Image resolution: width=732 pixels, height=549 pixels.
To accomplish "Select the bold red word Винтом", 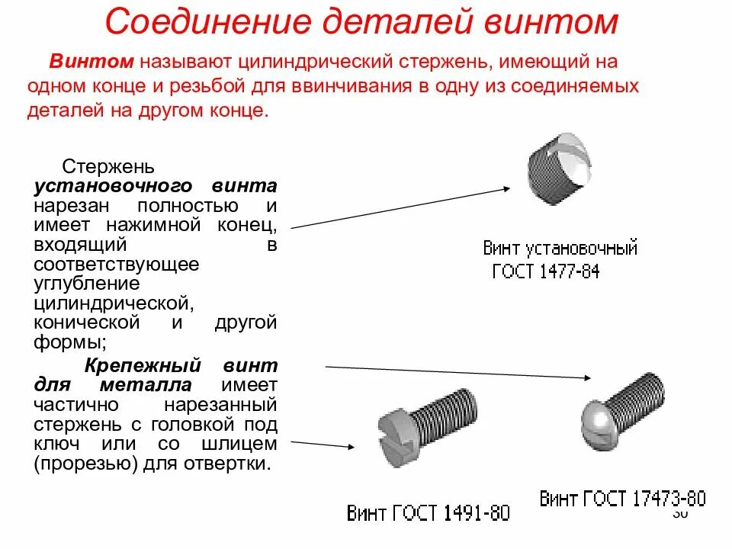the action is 93,61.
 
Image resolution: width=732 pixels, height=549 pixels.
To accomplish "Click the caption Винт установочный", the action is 560,248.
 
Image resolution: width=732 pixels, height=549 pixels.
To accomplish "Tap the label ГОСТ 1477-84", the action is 546,271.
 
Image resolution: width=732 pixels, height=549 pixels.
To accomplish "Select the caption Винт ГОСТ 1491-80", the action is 428,513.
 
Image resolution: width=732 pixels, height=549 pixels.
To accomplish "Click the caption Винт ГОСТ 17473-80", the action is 622,499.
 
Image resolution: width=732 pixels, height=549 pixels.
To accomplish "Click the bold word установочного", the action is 111,186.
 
